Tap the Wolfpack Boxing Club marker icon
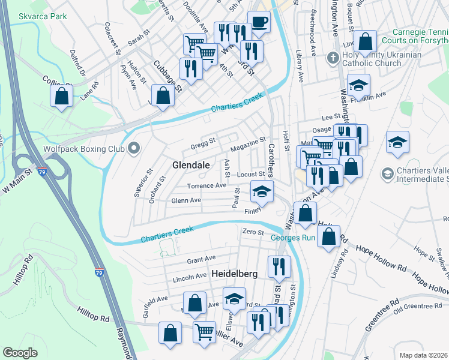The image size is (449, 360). [134, 148]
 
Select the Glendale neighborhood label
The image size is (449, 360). [191, 164]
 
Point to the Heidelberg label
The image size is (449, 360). [234, 274]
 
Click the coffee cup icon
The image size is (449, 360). [259, 22]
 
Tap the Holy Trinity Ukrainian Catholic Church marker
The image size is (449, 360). [333, 58]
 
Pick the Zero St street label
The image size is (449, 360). [253, 232]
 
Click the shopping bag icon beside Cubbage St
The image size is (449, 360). [163, 95]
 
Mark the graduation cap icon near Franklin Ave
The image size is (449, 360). [358, 85]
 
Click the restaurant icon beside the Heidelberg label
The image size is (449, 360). [279, 266]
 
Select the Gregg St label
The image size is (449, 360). [203, 142]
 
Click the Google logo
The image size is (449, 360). [20, 352]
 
